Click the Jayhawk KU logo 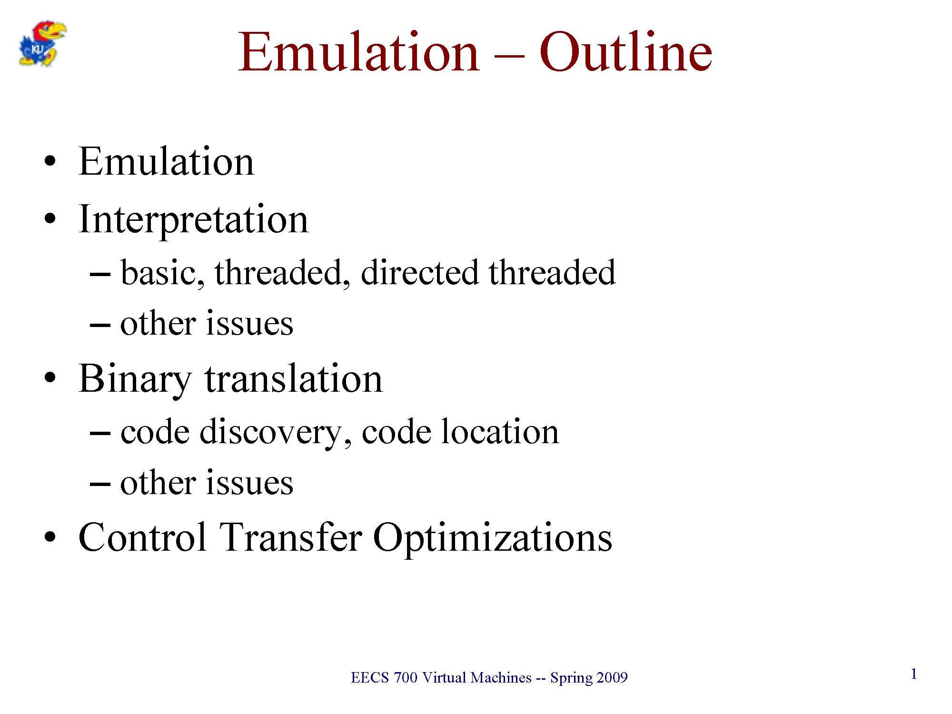pyautogui.click(x=42, y=43)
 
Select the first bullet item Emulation pyautogui.click(x=166, y=161)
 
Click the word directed pyautogui.click(x=419, y=273)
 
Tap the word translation pyautogui.click(x=293, y=379)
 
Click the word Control pyautogui.click(x=142, y=537)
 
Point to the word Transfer pyautogui.click(x=291, y=537)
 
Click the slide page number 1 pyautogui.click(x=913, y=674)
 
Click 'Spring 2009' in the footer pyautogui.click(x=589, y=678)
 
